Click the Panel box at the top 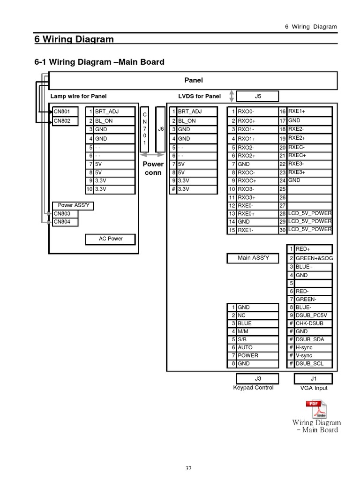(x=193, y=80)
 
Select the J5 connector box (x=257, y=97)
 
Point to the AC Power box (x=110, y=239)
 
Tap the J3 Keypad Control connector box (x=257, y=378)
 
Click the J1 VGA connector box (x=314, y=378)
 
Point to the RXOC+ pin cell (x=254, y=180)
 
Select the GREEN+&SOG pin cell (x=313, y=258)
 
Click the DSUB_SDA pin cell (x=313, y=339)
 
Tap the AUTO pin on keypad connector (x=254, y=347)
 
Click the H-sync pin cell (x=313, y=347)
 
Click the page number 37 (x=188, y=468)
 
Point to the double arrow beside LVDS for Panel (x=231, y=96)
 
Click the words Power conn (x=153, y=168)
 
